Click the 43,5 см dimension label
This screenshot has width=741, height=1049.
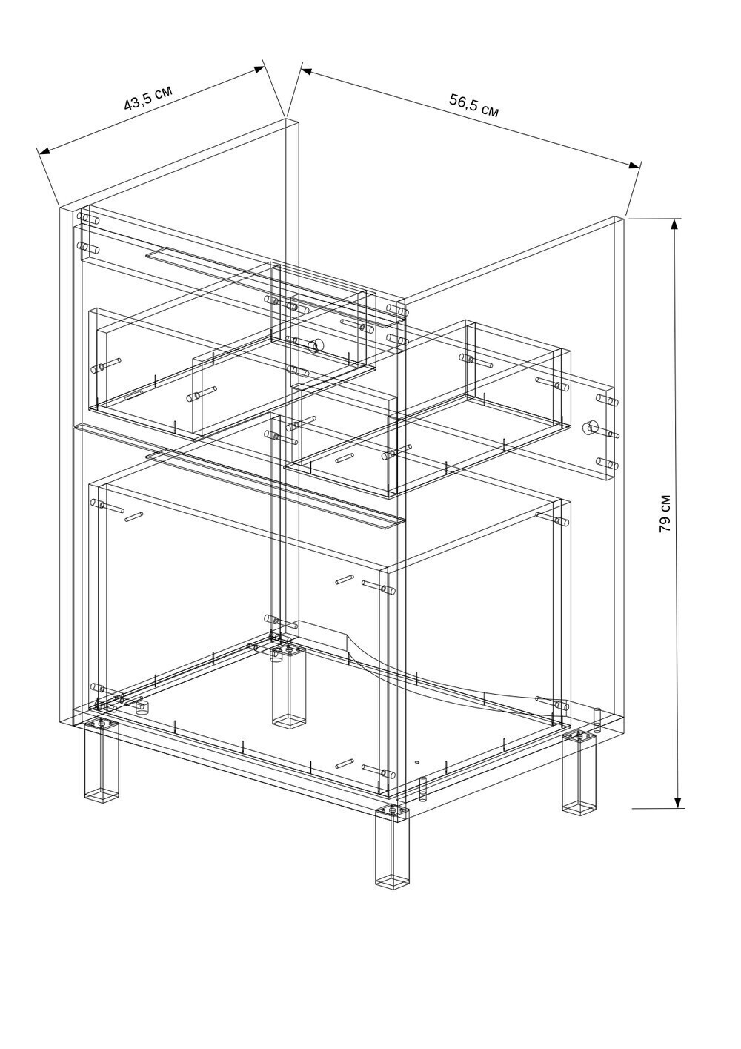pos(148,97)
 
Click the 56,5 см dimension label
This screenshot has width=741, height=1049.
pos(474,105)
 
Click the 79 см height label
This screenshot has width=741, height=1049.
pos(665,513)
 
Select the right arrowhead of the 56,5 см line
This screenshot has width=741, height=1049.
pos(634,165)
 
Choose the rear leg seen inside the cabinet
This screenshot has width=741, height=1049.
pos(288,691)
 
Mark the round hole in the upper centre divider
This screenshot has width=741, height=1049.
pos(315,345)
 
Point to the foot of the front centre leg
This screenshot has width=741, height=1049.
pos(392,882)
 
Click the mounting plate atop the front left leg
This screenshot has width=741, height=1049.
pos(101,725)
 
